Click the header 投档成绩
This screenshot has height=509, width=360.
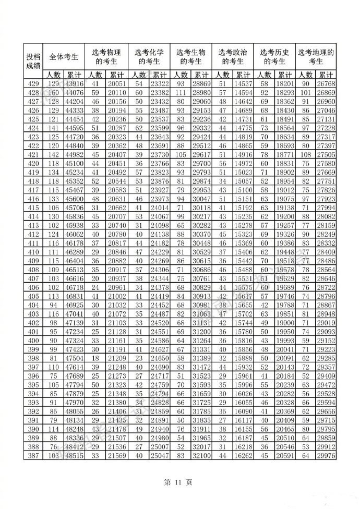coord(33,60)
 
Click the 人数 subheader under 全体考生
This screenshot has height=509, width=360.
coord(54,75)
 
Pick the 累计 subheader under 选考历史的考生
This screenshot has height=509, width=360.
coord(285,75)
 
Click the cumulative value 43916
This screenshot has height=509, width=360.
coord(75,84)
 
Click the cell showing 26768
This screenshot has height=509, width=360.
coord(326,84)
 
